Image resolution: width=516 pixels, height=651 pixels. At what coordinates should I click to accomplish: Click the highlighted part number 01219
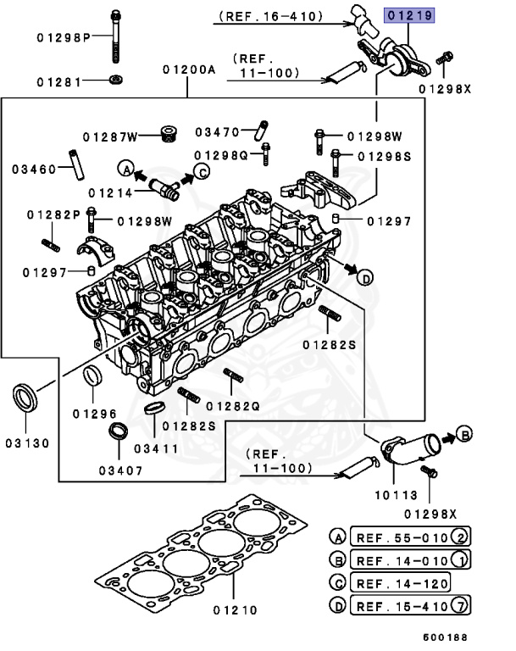pos(409,15)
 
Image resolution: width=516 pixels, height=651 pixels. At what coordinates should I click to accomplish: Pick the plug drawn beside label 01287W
pos(168,133)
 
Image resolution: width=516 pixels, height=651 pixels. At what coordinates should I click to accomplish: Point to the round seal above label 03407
pos(119,428)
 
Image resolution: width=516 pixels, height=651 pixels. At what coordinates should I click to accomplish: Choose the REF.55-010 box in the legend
pos(400,537)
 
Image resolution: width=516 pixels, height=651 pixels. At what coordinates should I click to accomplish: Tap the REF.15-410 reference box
pos(400,606)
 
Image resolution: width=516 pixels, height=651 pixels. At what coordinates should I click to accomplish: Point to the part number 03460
pos(33,169)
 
